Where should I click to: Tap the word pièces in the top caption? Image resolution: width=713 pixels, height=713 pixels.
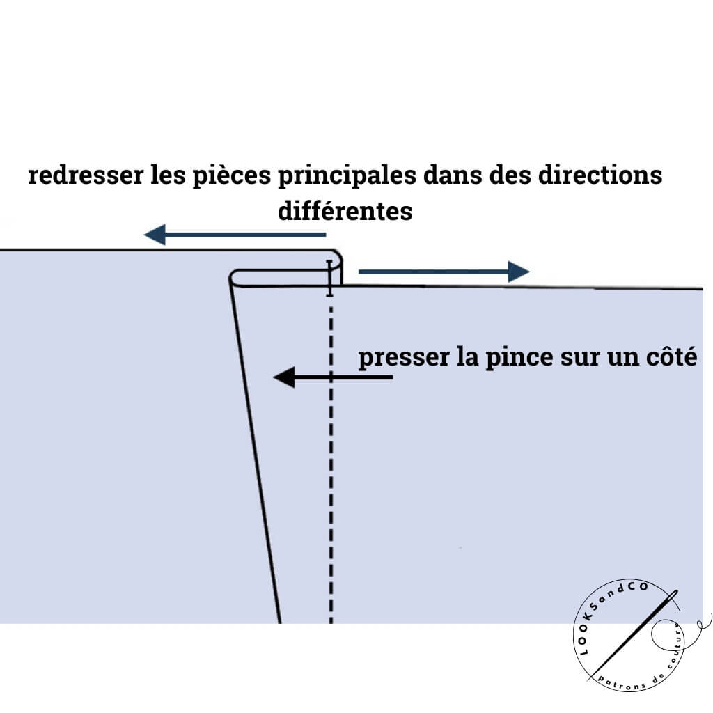[230, 175]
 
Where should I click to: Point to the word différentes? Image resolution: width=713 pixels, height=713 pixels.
[345, 211]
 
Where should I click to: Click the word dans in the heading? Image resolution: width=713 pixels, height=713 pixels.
[460, 175]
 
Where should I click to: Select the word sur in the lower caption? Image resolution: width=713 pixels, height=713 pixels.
[583, 358]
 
